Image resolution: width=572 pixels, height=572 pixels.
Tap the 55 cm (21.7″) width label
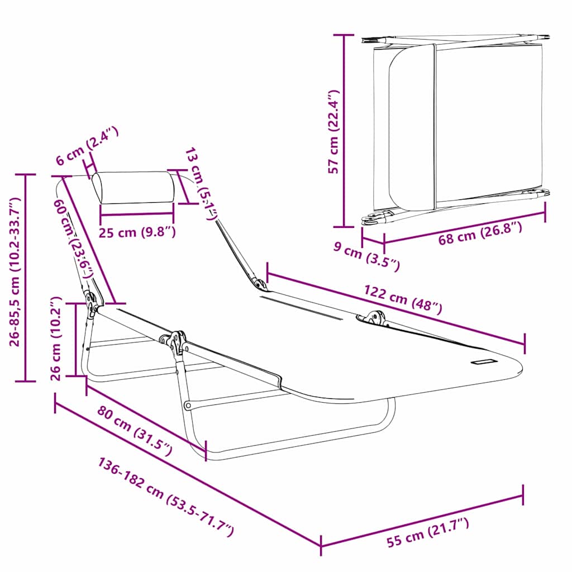coord(428,533)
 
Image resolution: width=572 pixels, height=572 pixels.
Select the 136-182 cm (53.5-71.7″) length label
coord(166,497)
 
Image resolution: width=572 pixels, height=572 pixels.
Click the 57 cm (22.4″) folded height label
coord(333,131)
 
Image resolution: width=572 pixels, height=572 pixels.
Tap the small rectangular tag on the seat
coord(483,361)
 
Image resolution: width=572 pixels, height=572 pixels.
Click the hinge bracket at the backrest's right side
coord(258,284)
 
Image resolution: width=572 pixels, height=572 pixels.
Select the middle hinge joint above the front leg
coord(178,342)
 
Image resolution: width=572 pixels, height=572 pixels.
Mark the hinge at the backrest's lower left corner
coord(91,302)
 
